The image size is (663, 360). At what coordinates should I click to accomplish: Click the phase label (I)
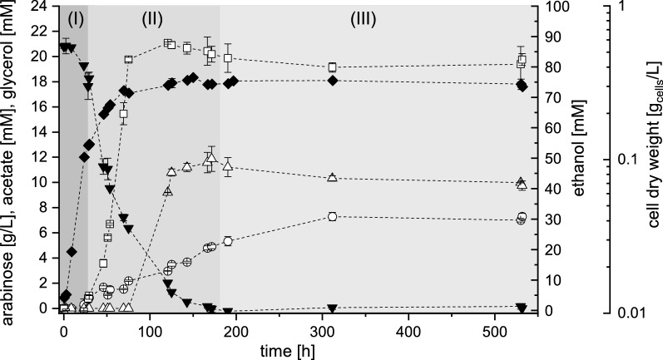(x=74, y=17)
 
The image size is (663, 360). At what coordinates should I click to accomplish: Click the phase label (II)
(x=151, y=17)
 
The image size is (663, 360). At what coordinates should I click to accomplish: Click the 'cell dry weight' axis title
(x=652, y=158)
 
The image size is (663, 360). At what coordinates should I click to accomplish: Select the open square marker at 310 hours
(x=332, y=67)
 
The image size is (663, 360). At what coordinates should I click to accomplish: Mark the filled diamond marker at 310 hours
(x=332, y=80)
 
